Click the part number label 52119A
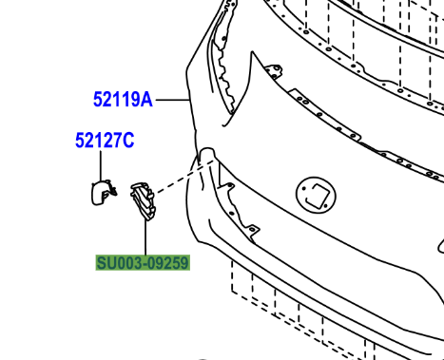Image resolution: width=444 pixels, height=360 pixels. point(123,98)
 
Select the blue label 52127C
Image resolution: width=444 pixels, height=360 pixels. point(105,142)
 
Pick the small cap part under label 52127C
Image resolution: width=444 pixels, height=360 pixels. point(100,193)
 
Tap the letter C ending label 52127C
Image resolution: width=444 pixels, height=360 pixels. point(128,142)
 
